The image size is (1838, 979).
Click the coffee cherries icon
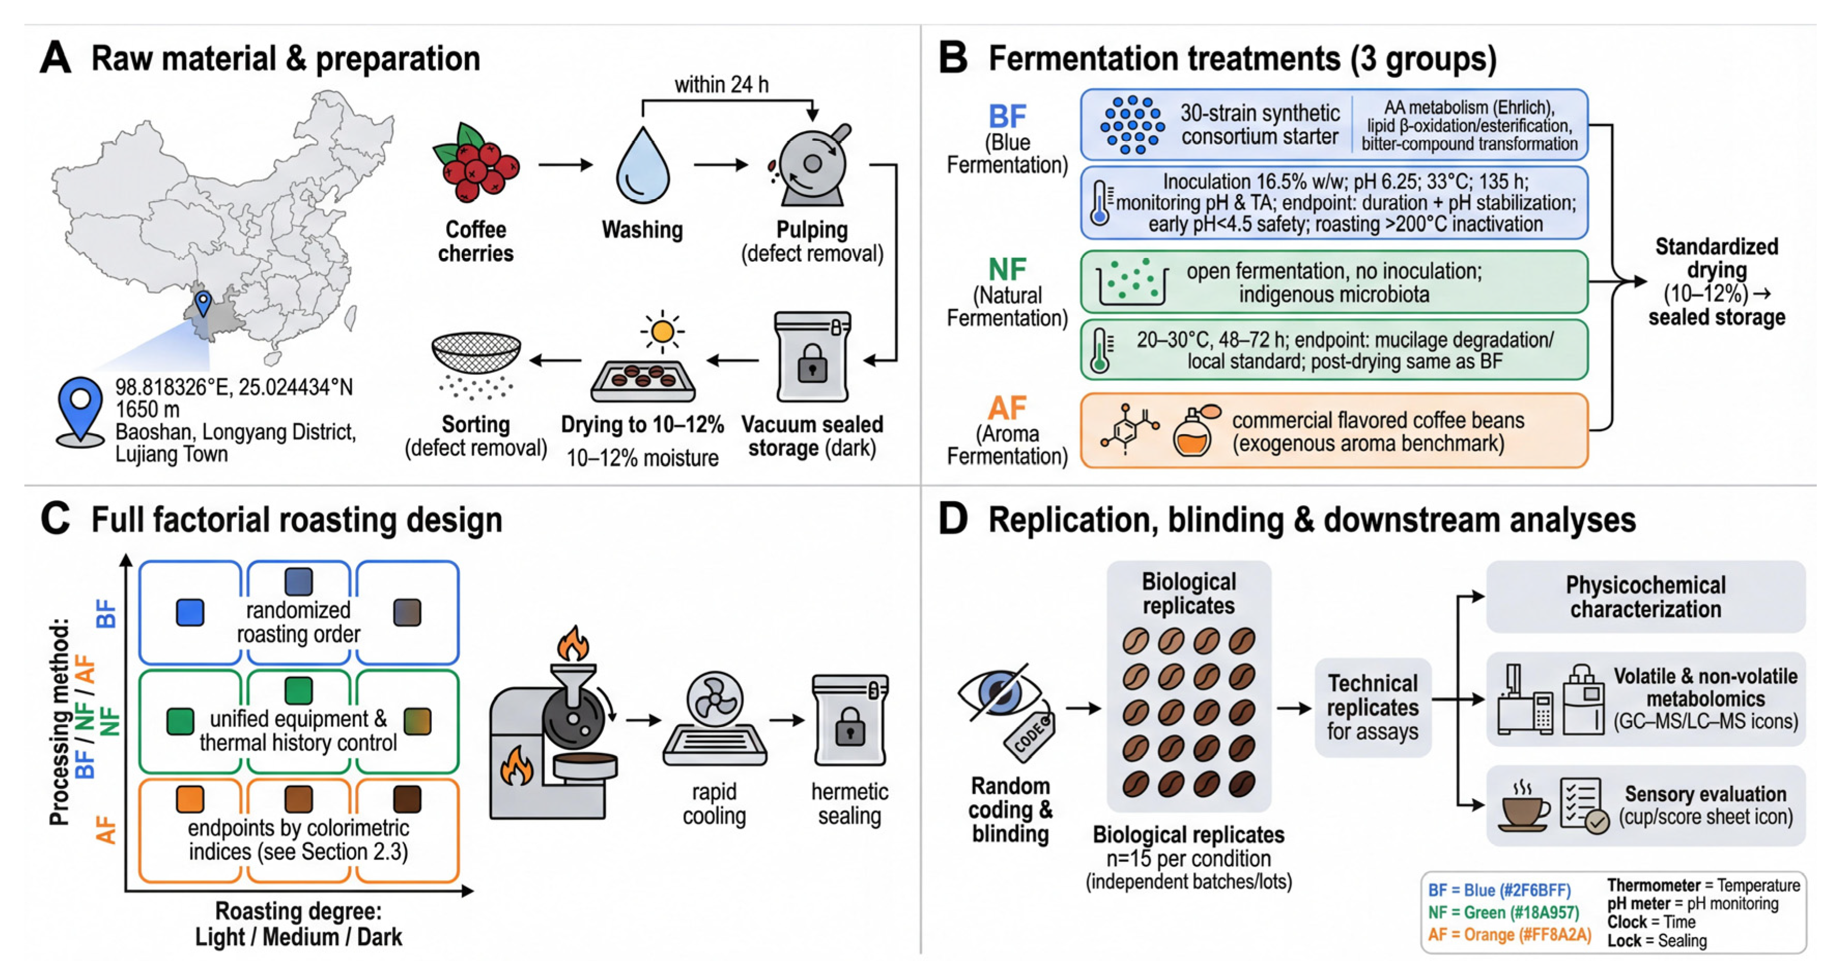pos(476,163)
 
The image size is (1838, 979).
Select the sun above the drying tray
pos(662,331)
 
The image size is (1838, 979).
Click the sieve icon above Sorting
pos(476,354)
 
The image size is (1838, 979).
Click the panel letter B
pos(953,58)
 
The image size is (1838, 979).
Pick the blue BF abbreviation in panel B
pos(1007,116)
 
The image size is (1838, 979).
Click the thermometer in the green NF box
pos(1099,350)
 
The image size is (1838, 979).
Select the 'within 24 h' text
pos(722,85)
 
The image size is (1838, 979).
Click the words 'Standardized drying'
pos(1716,258)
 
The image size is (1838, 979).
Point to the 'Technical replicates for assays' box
pos(1372,707)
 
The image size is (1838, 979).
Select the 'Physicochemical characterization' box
pos(1645,597)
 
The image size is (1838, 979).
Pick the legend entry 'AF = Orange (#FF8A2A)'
pos(1509,935)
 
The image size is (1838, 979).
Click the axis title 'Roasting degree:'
pos(298,911)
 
